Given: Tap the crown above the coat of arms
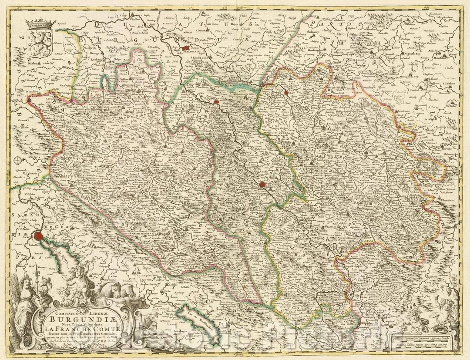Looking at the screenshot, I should point(42,22).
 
